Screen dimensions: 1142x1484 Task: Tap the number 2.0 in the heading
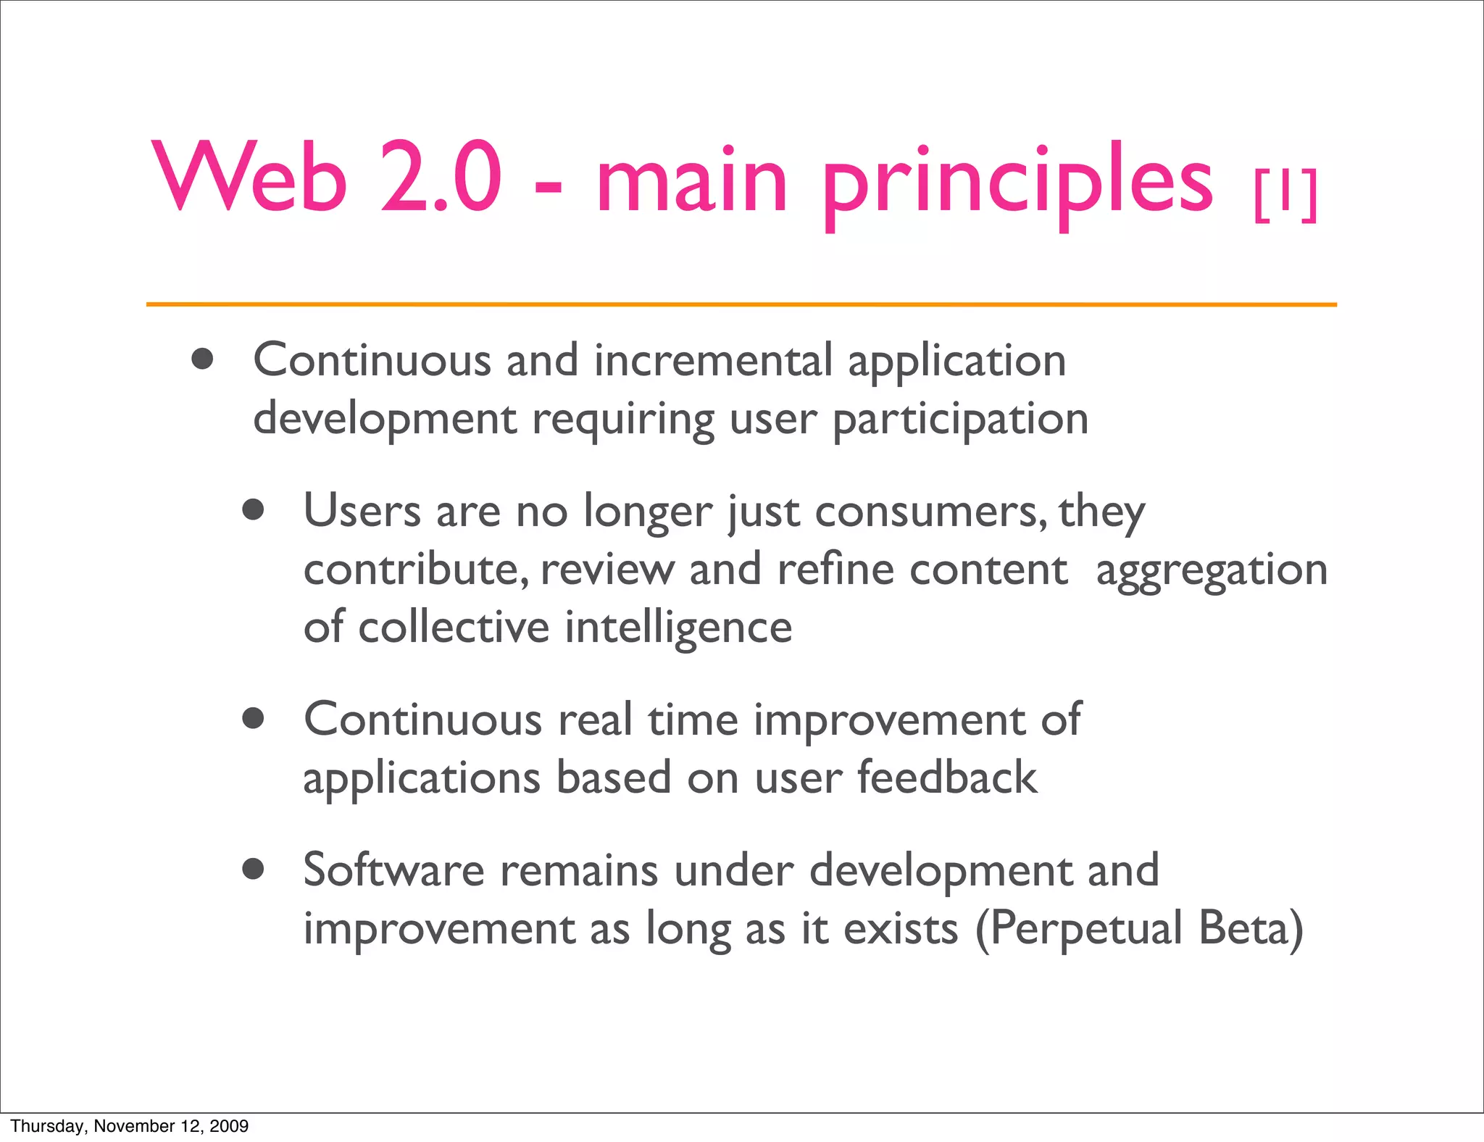click(x=441, y=178)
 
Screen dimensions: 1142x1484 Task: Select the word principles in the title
click(x=1017, y=181)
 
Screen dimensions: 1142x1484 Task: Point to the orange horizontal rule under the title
click(x=741, y=305)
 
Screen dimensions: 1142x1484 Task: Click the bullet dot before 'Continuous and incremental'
click(x=203, y=359)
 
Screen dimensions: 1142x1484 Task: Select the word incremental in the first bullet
click(x=713, y=360)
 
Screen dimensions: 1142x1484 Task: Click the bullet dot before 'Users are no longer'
click(x=253, y=510)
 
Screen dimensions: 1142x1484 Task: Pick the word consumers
click(x=930, y=512)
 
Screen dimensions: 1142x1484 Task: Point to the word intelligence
click(x=678, y=628)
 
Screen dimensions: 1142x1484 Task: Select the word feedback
click(x=947, y=778)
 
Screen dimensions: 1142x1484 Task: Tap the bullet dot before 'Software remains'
click(x=253, y=869)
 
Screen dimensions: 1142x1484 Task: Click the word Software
click(x=393, y=870)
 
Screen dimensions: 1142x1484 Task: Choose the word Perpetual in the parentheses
click(x=1085, y=930)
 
